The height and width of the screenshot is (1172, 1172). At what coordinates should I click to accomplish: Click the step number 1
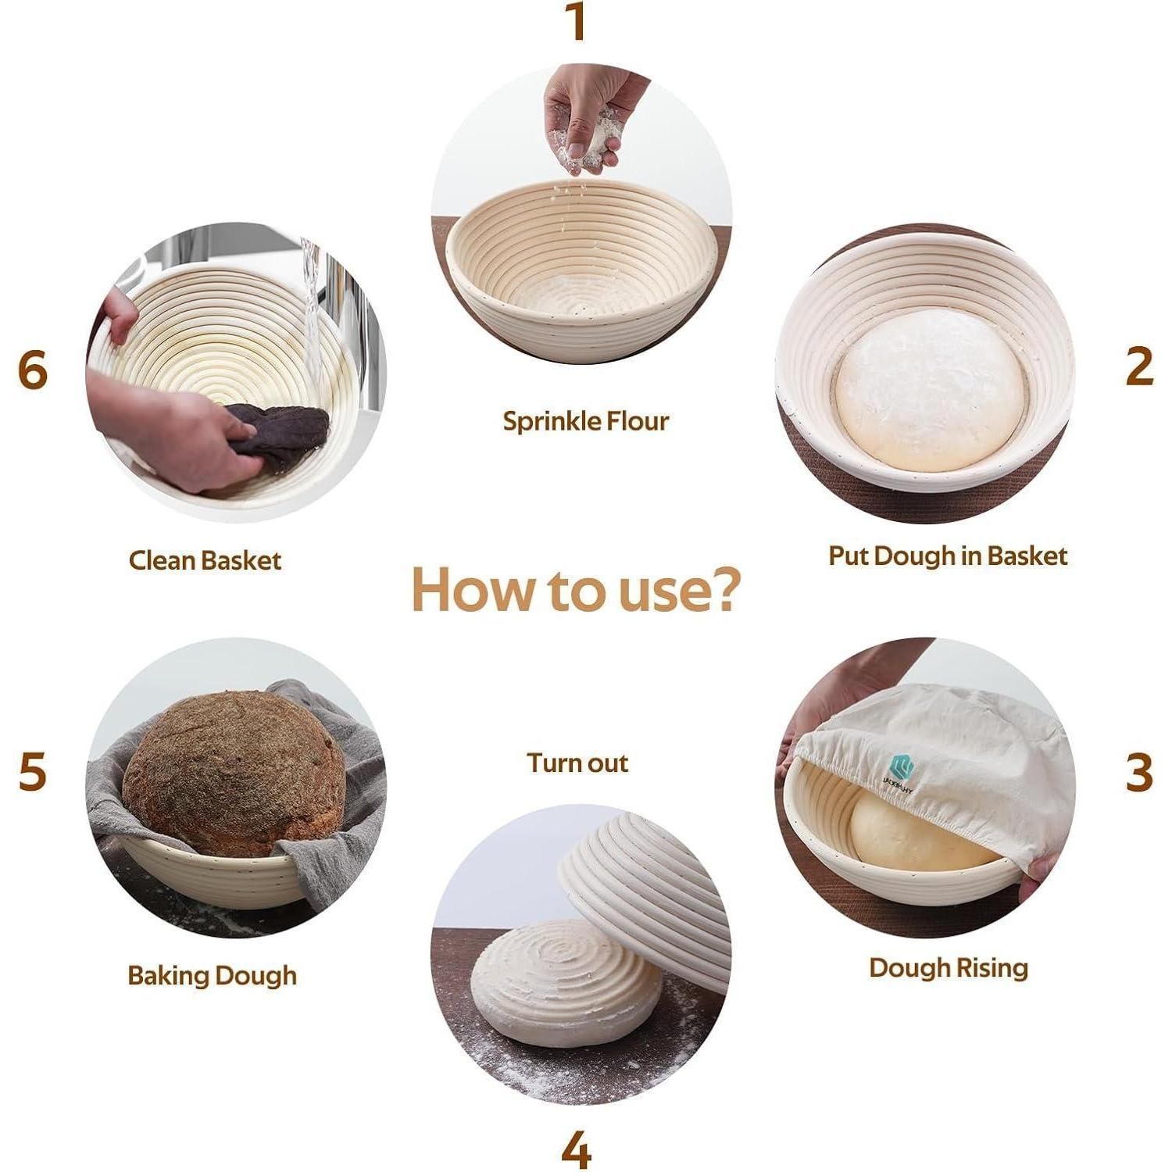tap(577, 22)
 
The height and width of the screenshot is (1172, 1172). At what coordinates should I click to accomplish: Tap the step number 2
tap(1139, 366)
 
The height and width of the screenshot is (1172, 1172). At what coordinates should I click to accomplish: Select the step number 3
tap(1139, 772)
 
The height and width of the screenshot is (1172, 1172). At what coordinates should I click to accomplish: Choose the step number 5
tap(33, 771)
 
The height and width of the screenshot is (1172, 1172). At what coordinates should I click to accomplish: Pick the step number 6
tap(33, 370)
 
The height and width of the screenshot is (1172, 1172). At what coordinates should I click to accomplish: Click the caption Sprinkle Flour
tap(585, 421)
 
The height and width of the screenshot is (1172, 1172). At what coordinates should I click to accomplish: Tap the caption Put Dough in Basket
tap(947, 556)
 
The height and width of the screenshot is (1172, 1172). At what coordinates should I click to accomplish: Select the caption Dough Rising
tap(948, 968)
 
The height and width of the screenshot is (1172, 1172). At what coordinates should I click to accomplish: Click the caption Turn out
tap(577, 763)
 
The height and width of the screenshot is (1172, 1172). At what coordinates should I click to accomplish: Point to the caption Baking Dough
tap(212, 976)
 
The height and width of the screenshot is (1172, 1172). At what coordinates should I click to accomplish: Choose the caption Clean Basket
tap(205, 560)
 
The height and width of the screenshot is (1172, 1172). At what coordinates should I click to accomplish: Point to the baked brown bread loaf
tap(234, 773)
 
